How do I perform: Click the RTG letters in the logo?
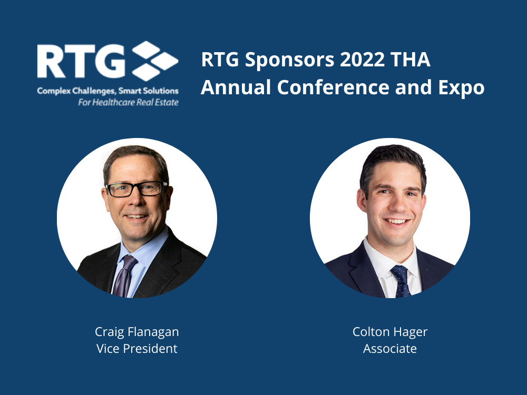(81, 61)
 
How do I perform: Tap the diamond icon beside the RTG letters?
(155, 61)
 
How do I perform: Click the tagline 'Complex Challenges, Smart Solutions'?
(108, 91)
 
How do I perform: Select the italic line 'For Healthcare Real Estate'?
(129, 103)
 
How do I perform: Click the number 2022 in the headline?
(363, 60)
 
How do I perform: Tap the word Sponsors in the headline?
(290, 61)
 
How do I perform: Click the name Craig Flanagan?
(137, 332)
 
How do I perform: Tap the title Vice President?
(137, 349)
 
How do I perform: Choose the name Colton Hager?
(390, 332)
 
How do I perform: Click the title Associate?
(390, 349)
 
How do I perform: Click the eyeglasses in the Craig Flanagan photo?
(137, 189)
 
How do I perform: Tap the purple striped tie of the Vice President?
(124, 276)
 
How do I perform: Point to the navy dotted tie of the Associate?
(401, 281)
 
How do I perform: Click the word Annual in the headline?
(236, 87)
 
